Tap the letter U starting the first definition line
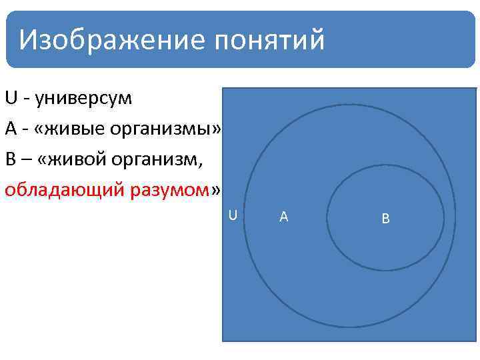(x=10, y=99)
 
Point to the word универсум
(x=83, y=99)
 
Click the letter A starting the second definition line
(x=10, y=129)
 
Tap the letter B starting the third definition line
(x=10, y=160)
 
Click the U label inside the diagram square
(x=233, y=215)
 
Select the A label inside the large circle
(x=283, y=216)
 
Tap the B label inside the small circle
(x=385, y=218)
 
